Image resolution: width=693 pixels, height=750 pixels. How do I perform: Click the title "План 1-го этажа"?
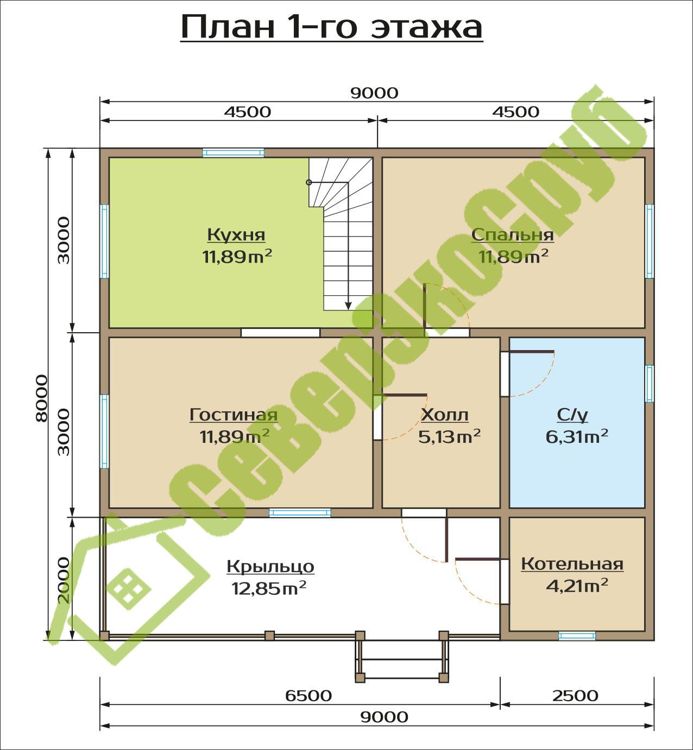pos(332,27)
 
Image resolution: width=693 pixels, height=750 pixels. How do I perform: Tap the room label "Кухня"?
pos(236,234)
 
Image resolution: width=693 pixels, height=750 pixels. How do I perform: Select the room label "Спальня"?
pos(512,234)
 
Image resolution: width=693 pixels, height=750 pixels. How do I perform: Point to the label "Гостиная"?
pos(234,414)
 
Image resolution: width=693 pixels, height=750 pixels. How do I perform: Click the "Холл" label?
pos(445,414)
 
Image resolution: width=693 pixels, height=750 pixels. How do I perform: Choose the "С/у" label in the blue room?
pos(572,414)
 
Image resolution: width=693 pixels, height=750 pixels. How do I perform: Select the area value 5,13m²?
pos(449,437)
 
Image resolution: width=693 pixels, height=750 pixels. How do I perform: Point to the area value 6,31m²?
pos(577,437)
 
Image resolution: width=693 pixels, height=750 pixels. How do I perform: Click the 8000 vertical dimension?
pos(42,398)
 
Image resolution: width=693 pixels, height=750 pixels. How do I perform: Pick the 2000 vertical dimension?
pos(64,580)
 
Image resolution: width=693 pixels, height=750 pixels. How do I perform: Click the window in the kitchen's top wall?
pos(234,152)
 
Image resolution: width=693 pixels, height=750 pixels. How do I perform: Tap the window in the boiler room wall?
pos(577,636)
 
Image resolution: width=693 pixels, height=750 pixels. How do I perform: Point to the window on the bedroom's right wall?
pos(649,241)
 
